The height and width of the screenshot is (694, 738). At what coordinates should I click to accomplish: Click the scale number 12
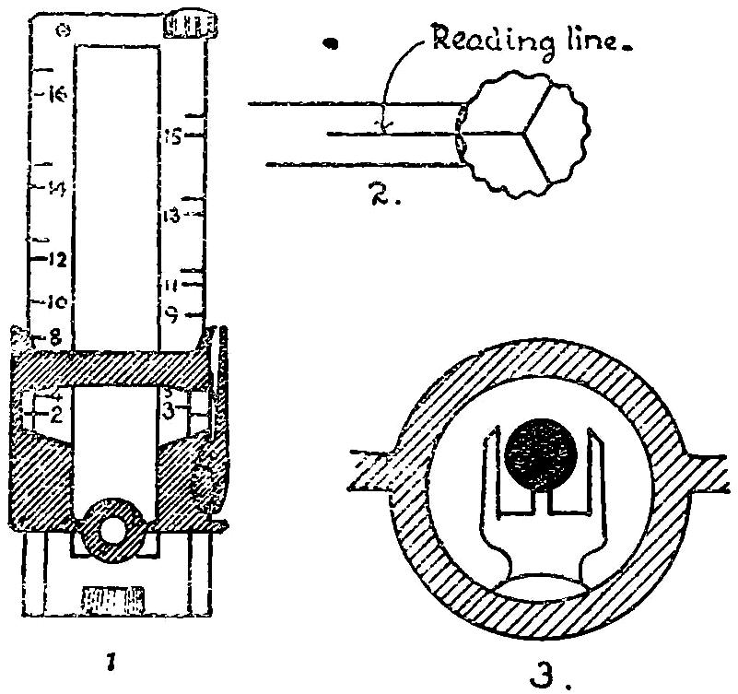(x=54, y=260)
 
